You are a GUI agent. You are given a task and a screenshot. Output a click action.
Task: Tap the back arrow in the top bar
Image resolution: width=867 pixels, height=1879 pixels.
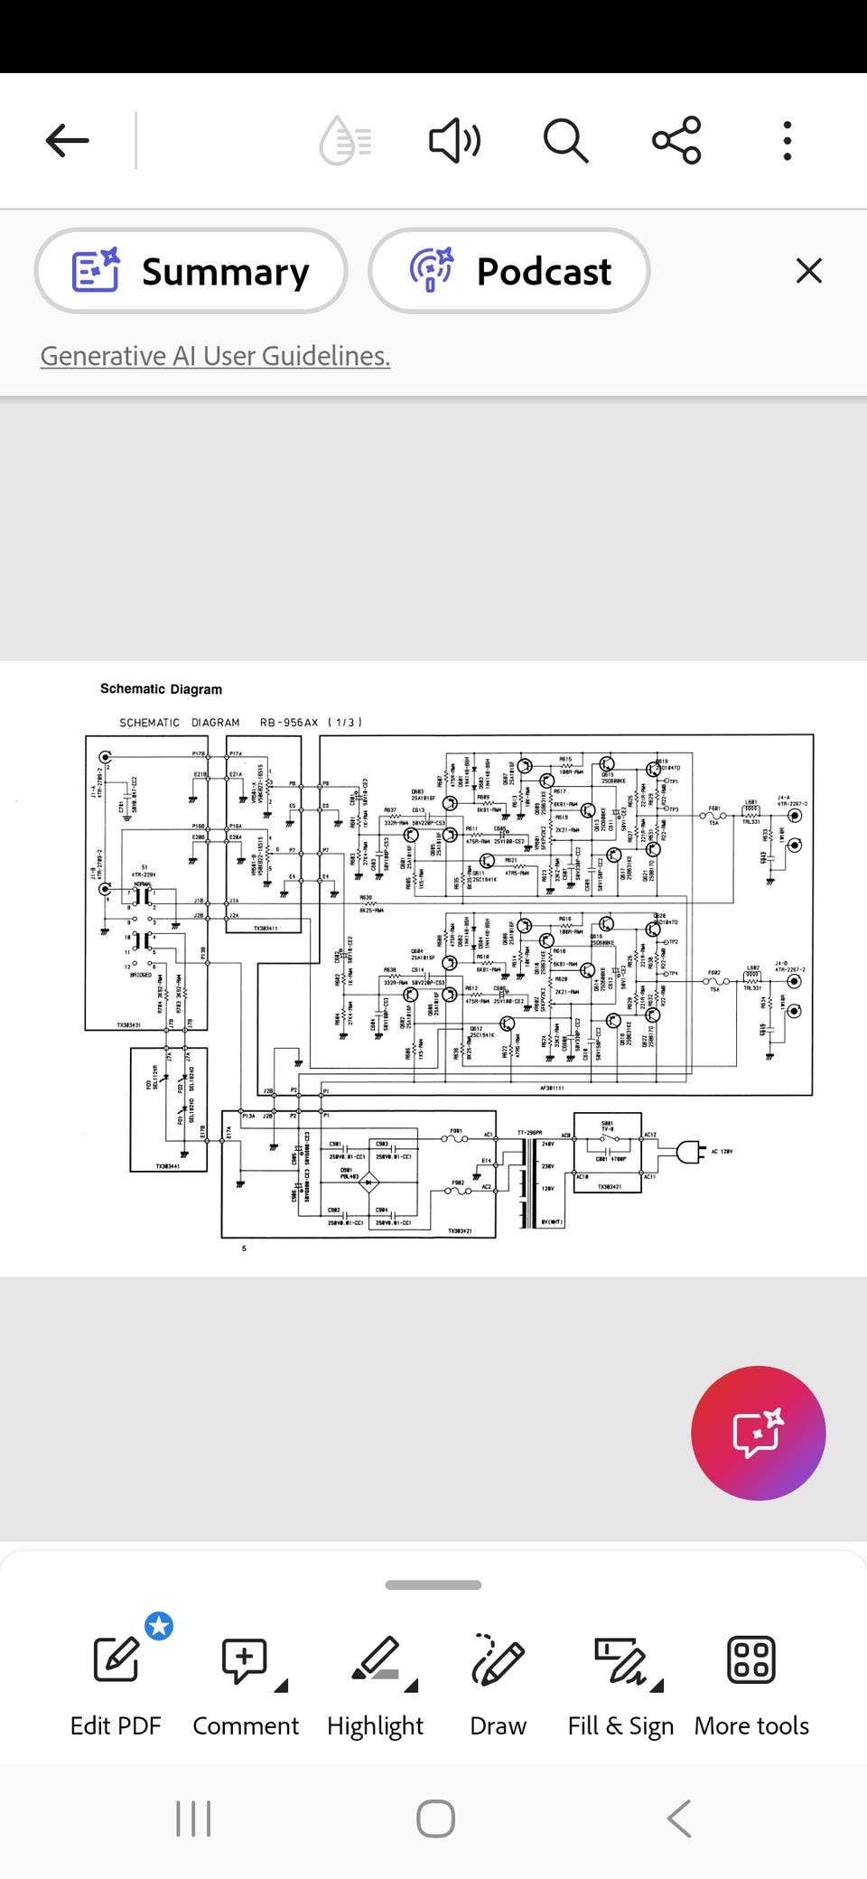click(68, 141)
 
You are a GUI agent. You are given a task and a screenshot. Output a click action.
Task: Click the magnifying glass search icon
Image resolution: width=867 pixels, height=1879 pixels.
click(565, 141)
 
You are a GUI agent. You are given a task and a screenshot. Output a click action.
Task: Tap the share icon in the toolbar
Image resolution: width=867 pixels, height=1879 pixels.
click(676, 141)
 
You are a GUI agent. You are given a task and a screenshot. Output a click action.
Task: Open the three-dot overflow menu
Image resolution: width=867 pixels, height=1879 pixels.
click(788, 141)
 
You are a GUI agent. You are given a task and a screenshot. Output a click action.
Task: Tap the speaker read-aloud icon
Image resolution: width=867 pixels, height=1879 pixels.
click(453, 141)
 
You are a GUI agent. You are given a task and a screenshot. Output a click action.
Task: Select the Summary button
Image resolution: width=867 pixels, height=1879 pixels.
click(191, 271)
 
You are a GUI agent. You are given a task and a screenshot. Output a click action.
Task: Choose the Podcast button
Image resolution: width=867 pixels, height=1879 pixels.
click(509, 271)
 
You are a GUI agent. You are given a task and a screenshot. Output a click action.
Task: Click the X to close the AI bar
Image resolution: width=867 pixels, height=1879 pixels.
click(809, 271)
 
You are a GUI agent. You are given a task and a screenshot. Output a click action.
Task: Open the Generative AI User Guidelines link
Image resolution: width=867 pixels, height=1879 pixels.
click(215, 356)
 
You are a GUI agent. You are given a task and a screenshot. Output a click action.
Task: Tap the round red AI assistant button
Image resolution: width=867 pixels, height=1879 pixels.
click(758, 1433)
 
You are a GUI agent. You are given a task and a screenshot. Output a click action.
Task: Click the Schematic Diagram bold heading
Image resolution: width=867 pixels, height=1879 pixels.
click(161, 689)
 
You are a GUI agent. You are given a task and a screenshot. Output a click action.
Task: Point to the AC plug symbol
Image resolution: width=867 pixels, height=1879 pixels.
click(687, 1151)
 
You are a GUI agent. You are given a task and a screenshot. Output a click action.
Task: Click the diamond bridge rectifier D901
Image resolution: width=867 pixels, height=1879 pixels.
click(369, 1182)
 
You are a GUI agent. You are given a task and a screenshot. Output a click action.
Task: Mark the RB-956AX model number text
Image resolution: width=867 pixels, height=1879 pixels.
click(289, 723)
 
